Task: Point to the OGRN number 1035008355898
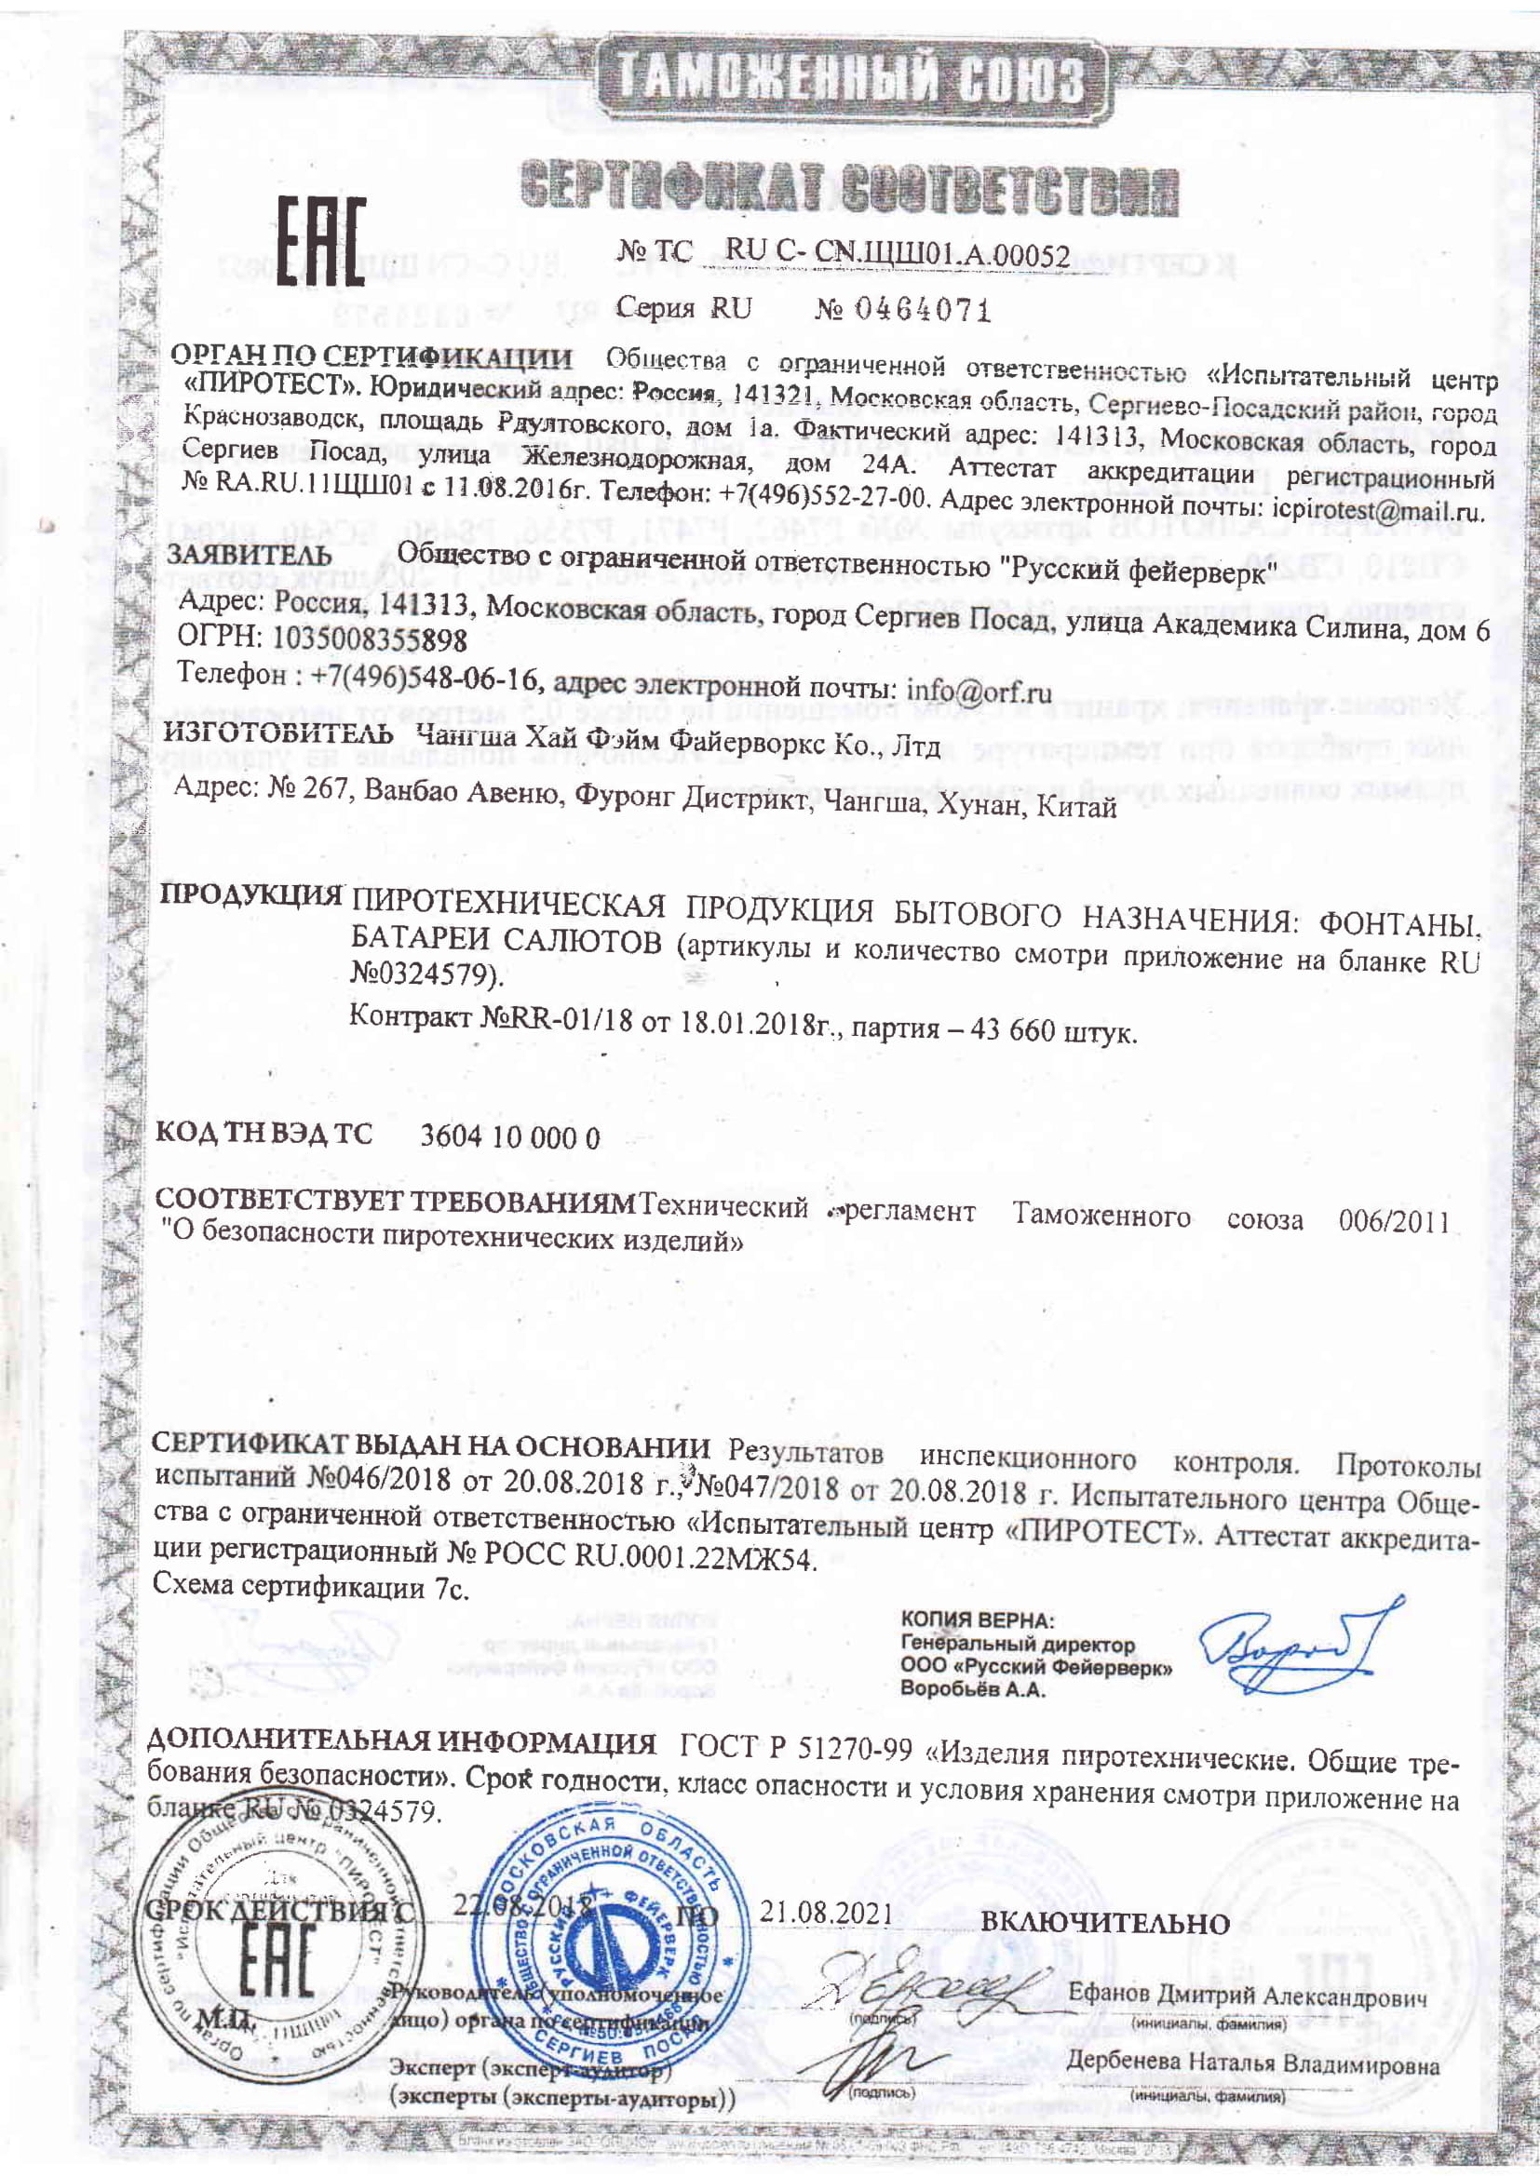pos(370,640)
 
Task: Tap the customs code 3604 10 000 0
pos(509,1137)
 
